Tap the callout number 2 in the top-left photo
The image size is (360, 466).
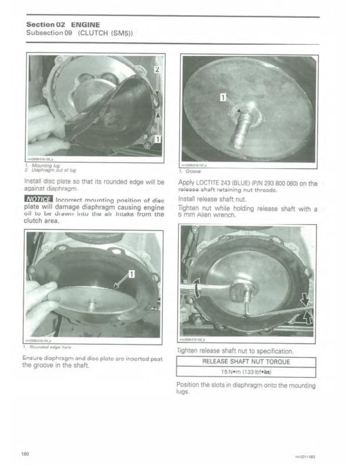(x=157, y=70)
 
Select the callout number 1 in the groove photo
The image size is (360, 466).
(x=223, y=97)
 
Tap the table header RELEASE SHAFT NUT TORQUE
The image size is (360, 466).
(x=246, y=362)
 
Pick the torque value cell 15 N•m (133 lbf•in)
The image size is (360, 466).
(x=246, y=372)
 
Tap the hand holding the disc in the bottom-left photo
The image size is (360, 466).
(x=40, y=299)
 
